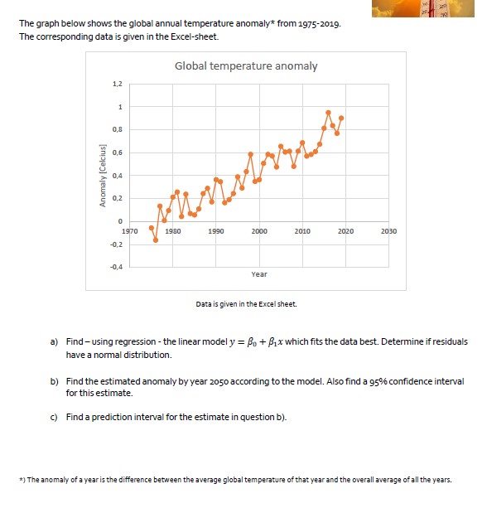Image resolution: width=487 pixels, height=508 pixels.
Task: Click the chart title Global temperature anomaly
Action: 246,66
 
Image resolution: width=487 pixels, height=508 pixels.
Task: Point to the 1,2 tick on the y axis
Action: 118,85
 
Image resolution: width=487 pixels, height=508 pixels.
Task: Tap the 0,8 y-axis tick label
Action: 118,129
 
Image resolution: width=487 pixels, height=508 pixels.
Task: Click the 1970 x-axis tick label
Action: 129,230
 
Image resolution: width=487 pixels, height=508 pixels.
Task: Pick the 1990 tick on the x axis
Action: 215,230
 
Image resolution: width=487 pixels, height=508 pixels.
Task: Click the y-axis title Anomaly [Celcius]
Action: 104,176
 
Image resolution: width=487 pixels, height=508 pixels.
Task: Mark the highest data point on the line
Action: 328,112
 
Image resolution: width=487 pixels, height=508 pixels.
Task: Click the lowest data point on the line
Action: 156,240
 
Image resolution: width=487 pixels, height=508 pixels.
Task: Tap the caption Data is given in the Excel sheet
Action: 246,304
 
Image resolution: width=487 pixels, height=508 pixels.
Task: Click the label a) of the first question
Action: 55,341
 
